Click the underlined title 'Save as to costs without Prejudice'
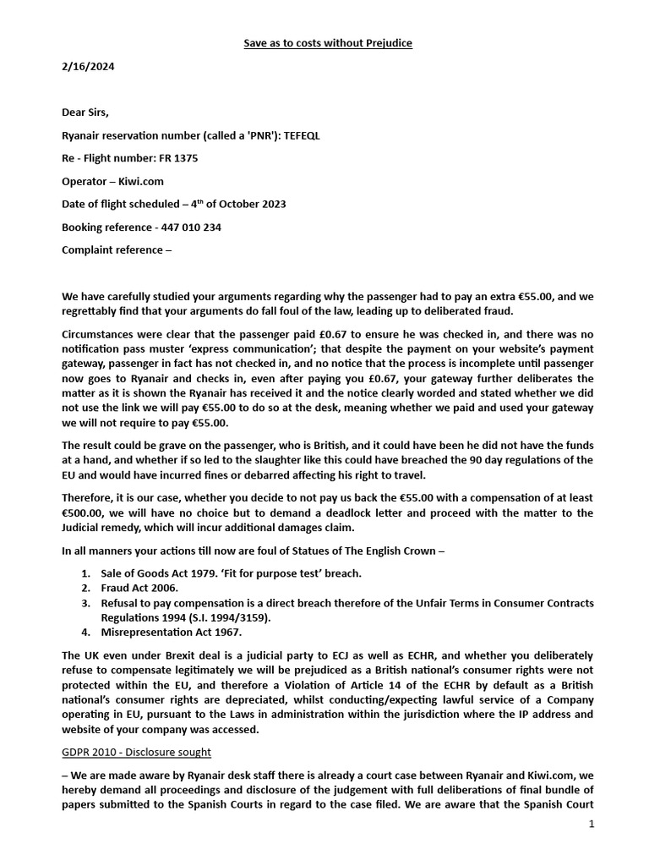pyautogui.click(x=324, y=42)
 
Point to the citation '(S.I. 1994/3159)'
pyautogui.click(x=226, y=617)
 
